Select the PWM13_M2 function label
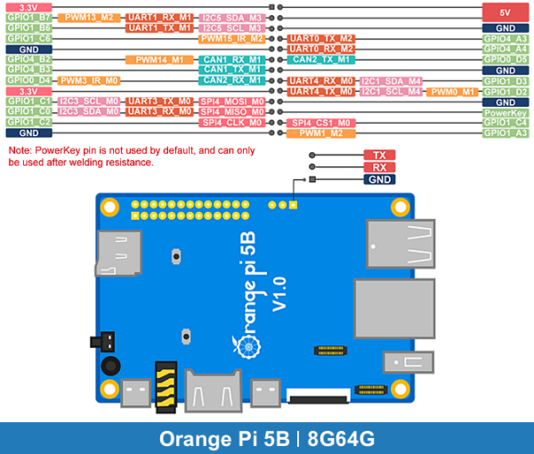coord(90,17)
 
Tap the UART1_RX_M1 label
coord(159,17)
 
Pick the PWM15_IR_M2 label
coord(232,38)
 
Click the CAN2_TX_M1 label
coord(321,60)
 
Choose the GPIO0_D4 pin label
coord(28,80)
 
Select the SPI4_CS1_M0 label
coord(321,123)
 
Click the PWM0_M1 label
coord(453,92)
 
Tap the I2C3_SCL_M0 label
coord(90,101)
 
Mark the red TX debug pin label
coord(379,155)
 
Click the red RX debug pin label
coord(379,167)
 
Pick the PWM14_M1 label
coord(159,60)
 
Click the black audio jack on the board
coord(110,365)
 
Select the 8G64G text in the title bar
coord(339,439)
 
